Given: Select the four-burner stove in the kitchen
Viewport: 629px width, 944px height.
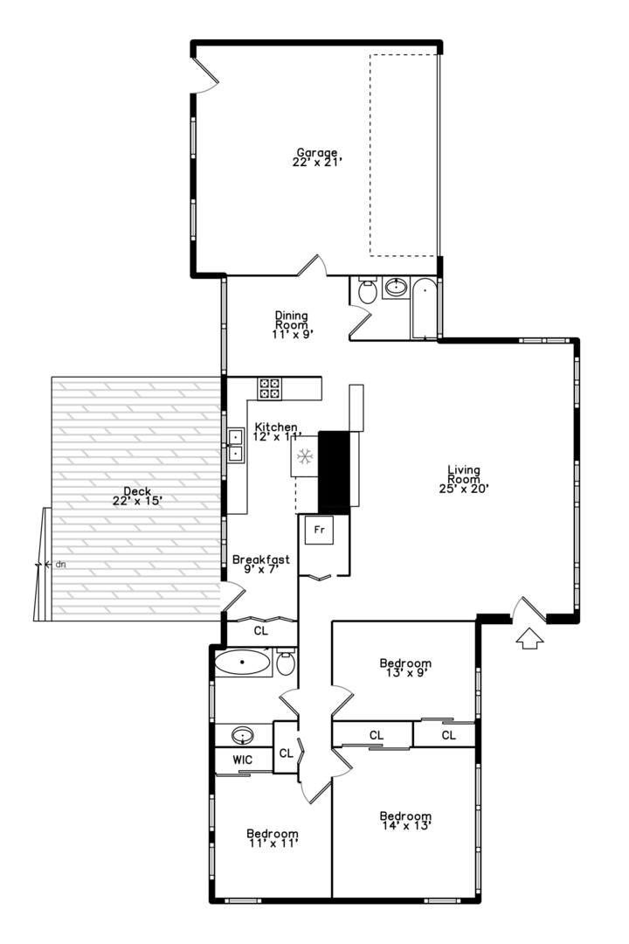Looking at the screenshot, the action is pos(269,388).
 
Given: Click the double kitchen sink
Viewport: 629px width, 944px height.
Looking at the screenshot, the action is pos(235,445).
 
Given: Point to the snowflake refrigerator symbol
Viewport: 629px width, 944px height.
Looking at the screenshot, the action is pos(305,456).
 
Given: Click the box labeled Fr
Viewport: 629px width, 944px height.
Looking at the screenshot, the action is pos(319,531).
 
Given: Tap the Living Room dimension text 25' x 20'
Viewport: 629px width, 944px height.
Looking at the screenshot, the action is pos(464,489).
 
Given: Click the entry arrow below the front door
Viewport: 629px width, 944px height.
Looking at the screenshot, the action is pos(529,638).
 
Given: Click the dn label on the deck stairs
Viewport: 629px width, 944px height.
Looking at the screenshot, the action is pos(60,565).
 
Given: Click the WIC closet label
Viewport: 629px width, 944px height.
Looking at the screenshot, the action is pos(243,760).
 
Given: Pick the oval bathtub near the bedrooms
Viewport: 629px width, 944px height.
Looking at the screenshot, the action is pos(242,663).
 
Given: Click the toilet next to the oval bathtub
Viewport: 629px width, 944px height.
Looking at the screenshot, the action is pos(286,663).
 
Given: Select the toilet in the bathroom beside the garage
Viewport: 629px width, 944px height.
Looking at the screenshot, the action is pos(367,291).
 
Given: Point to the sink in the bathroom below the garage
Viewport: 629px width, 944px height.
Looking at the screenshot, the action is pos(396,288).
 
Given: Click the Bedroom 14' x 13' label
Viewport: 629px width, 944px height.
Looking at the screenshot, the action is pos(405,821).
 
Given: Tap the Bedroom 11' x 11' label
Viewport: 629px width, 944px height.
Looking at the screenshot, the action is pos(272,838).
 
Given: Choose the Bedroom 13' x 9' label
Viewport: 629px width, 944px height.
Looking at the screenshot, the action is pos(405,669).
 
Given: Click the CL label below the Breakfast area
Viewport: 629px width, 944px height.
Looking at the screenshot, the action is pos(260,631).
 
